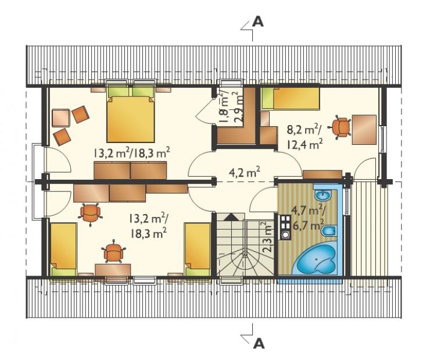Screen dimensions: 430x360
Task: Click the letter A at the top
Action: (258, 22)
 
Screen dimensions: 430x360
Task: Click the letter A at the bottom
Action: (259, 343)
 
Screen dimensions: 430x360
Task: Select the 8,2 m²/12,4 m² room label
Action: (304, 137)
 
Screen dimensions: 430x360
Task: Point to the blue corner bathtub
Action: (317, 259)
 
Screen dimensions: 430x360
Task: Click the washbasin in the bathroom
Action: (323, 195)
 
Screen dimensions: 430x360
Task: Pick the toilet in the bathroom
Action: (329, 231)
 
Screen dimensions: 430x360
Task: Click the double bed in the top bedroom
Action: (131, 115)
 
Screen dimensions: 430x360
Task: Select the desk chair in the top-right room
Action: (342, 126)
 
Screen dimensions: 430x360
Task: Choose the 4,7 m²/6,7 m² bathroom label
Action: (308, 219)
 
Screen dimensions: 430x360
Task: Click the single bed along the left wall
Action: (63, 249)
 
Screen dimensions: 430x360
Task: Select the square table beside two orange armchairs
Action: (60, 118)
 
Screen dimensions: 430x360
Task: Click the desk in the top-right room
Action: (364, 130)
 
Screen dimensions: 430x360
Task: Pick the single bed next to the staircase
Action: (198, 249)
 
